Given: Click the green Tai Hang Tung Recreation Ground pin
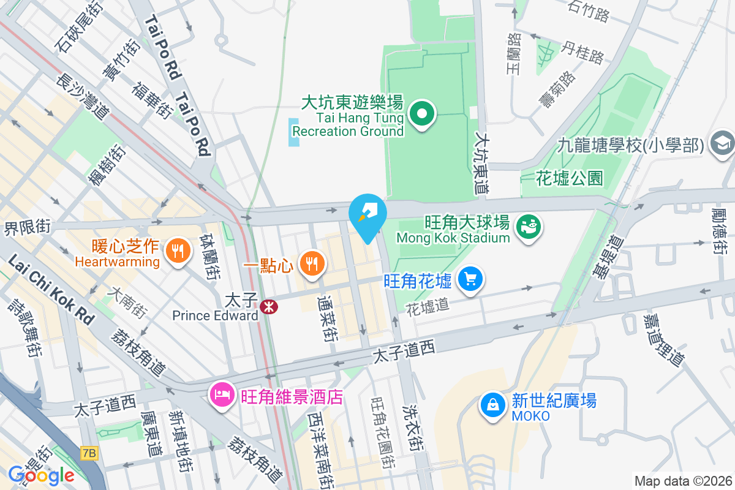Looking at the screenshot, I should pyautogui.click(x=422, y=114).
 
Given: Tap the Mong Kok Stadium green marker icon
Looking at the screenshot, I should pyautogui.click(x=528, y=227).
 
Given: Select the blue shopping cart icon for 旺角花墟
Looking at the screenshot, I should pyautogui.click(x=470, y=279).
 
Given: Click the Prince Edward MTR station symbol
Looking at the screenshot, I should pyautogui.click(x=268, y=306).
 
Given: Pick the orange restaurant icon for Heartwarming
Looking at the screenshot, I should pyautogui.click(x=177, y=250).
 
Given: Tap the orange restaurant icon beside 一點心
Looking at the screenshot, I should pyautogui.click(x=312, y=263).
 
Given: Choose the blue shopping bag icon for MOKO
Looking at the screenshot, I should pyautogui.click(x=492, y=404).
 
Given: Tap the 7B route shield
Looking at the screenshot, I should pyautogui.click(x=89, y=453).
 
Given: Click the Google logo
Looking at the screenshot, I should pyautogui.click(x=42, y=475).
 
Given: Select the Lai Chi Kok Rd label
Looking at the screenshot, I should pyautogui.click(x=53, y=289).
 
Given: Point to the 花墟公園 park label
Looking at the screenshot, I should pyautogui.click(x=569, y=178).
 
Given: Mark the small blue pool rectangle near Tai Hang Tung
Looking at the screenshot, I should pyautogui.click(x=294, y=132).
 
